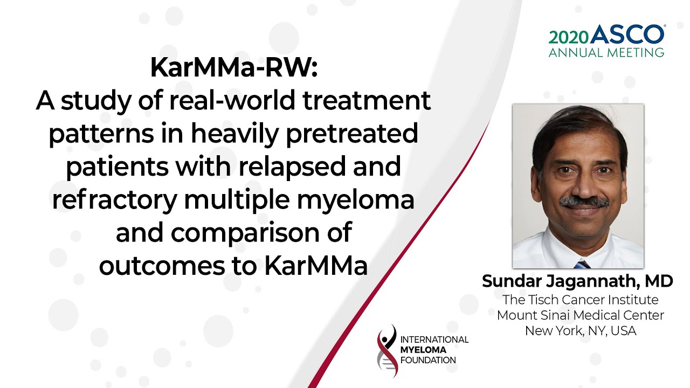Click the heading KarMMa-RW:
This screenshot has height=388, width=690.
pyautogui.click(x=234, y=67)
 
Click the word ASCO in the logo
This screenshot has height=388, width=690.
pyautogui.click(x=627, y=35)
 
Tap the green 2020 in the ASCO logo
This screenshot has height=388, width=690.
pyautogui.click(x=569, y=37)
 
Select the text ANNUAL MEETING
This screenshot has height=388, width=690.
pyautogui.click(x=606, y=52)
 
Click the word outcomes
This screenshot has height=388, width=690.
pyautogui.click(x=162, y=266)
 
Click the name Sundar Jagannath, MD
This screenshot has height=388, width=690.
pyautogui.click(x=577, y=281)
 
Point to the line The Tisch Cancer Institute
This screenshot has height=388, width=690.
pyautogui.click(x=581, y=300)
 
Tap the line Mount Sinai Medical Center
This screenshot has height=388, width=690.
pyautogui.click(x=581, y=315)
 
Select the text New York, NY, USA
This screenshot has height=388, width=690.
pyautogui.click(x=581, y=331)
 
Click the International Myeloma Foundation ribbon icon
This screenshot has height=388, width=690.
pyautogui.click(x=387, y=351)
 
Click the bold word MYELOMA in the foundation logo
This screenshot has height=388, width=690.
pyautogui.click(x=423, y=350)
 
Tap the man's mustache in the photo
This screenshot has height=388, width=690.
pyautogui.click(x=584, y=202)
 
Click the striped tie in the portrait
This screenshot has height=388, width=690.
pyautogui.click(x=582, y=265)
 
